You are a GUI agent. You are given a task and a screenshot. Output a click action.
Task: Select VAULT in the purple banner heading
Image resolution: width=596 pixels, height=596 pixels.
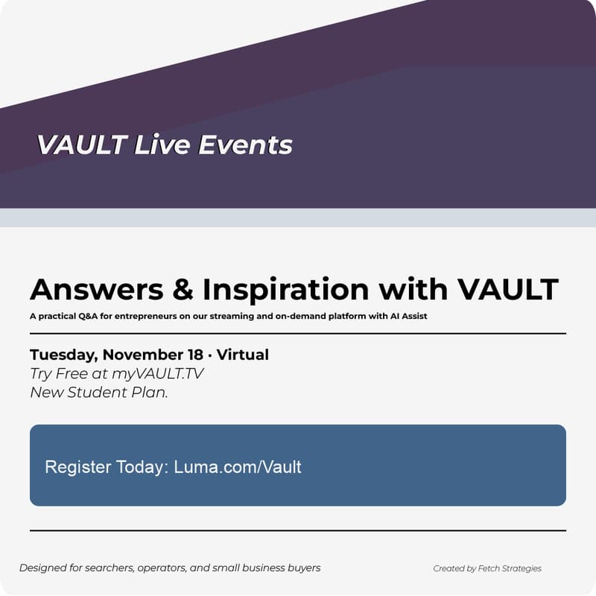click(81, 145)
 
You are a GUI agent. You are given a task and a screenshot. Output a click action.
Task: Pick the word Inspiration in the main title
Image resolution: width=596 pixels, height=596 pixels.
click(286, 289)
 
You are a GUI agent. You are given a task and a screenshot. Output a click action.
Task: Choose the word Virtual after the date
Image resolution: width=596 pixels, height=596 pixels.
click(243, 355)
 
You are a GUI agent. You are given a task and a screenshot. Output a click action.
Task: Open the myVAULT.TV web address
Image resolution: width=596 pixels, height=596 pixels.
click(157, 374)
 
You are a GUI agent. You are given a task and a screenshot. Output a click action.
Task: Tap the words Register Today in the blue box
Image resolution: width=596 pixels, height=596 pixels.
click(106, 467)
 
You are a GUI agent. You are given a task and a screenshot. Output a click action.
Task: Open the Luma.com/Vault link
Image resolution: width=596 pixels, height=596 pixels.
click(238, 467)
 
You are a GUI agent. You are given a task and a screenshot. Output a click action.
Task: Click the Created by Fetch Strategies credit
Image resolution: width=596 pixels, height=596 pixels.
click(487, 568)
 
